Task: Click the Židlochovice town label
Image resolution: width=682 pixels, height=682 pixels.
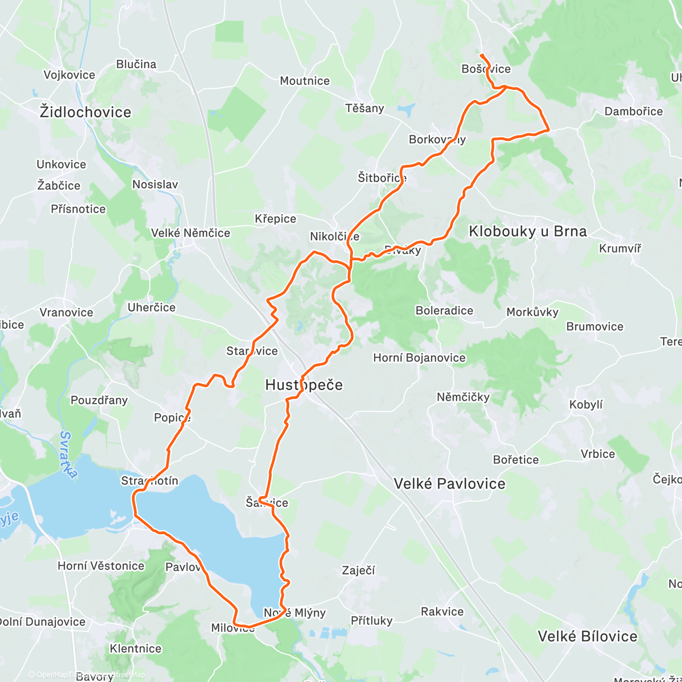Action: pos(85,112)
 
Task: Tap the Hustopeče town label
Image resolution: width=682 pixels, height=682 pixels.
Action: pos(304,385)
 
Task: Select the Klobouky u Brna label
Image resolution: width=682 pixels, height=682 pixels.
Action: pos(527,231)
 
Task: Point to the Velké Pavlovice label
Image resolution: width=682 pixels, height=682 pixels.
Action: pos(450,484)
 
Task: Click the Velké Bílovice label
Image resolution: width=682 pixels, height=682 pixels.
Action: pos(588,636)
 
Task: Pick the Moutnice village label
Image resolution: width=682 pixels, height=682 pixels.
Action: pos(305,81)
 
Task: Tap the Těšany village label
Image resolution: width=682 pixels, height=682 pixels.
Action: pos(365,108)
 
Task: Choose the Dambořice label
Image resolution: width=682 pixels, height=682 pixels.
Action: pos(634,111)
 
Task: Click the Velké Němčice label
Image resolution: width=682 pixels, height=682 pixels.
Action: pos(190,233)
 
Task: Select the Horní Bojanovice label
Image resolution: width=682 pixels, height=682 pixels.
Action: pos(419,357)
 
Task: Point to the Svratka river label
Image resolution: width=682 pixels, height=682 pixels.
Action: pos(68,455)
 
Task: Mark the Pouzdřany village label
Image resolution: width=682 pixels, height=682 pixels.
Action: pos(99,400)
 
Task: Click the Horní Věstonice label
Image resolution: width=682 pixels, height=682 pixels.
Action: pos(101,565)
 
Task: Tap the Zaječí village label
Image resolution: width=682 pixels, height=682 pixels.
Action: pos(358,570)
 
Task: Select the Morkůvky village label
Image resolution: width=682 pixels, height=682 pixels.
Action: pos(533,311)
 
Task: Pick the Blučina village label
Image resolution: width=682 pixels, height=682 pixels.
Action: pos(136,64)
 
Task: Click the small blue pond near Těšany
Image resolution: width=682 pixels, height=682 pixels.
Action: pos(406,110)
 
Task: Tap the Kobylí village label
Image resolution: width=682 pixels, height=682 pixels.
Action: pos(586,405)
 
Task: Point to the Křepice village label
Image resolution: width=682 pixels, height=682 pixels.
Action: pos(276,219)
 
